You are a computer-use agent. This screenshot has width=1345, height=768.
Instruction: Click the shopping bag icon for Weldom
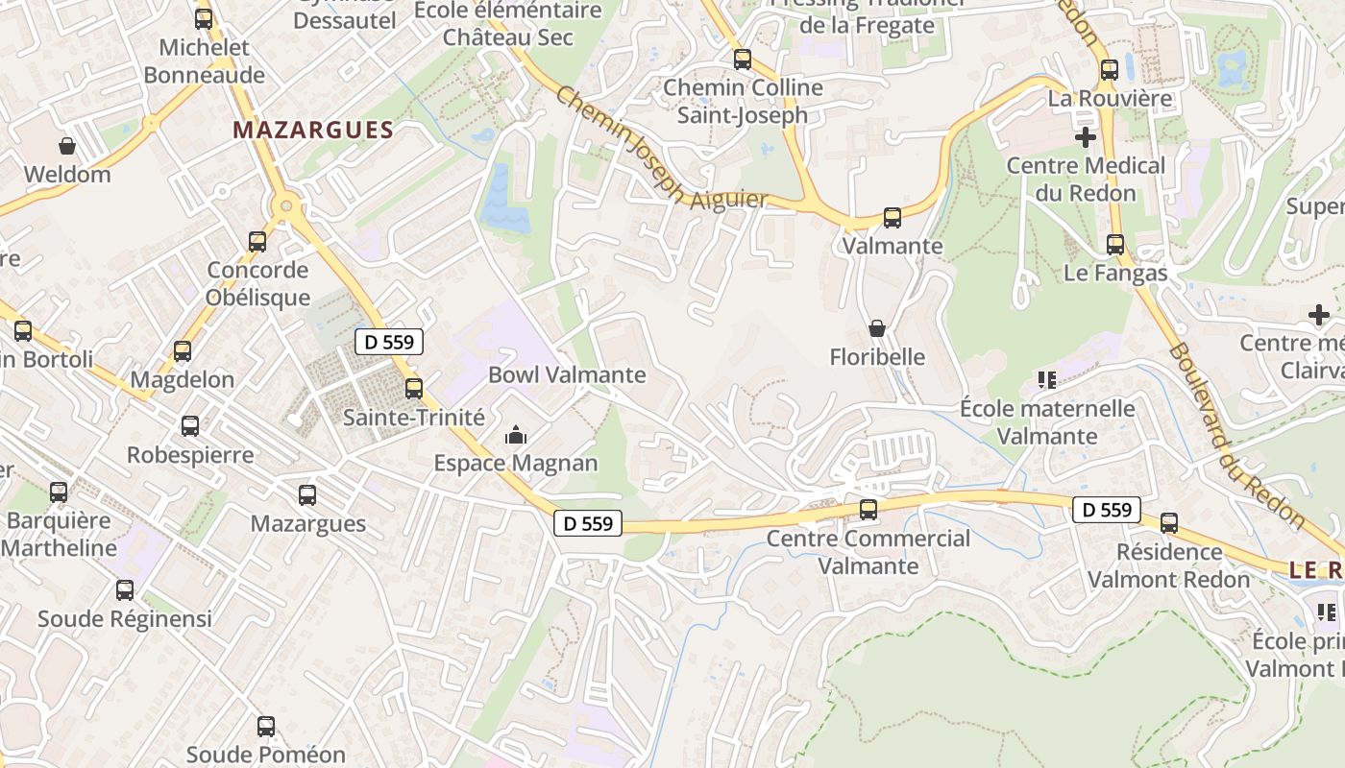click(67, 146)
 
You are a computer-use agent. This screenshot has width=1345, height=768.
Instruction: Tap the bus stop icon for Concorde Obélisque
click(257, 242)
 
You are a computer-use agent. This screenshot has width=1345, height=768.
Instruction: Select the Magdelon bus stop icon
click(183, 351)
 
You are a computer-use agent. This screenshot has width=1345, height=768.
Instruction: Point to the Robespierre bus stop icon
click(190, 426)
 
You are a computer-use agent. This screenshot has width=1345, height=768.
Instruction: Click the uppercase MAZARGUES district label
click(313, 131)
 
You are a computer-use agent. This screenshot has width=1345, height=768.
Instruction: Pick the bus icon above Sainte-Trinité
click(414, 389)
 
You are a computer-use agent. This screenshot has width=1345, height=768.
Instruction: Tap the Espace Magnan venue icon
click(516, 436)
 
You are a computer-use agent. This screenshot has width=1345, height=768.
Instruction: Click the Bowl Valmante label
click(567, 374)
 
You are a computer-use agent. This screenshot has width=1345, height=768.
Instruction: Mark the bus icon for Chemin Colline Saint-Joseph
click(743, 60)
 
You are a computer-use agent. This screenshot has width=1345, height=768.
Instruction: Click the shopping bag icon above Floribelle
click(877, 328)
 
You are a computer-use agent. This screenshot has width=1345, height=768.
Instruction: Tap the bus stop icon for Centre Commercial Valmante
click(868, 510)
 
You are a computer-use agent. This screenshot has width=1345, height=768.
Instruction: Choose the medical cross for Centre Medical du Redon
click(1086, 137)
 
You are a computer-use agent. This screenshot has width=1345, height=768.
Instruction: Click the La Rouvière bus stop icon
click(1110, 70)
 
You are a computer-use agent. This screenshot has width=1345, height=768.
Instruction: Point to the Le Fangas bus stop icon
click(1115, 245)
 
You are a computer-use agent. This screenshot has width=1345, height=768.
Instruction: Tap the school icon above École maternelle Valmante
click(1047, 380)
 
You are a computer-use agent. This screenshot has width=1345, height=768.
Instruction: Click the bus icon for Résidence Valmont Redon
click(1169, 523)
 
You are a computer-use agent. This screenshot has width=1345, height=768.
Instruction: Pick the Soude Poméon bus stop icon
click(266, 727)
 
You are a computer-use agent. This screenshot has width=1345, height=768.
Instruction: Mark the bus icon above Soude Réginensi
click(125, 590)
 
